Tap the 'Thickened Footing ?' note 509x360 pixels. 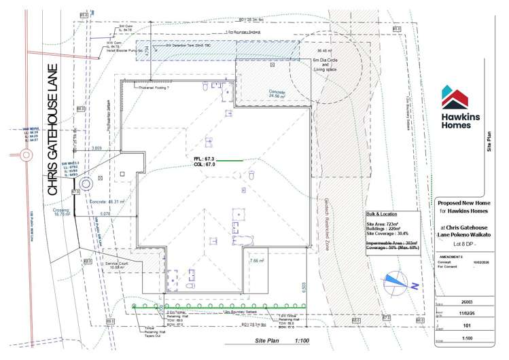(156, 88)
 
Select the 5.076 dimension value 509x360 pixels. (105, 213)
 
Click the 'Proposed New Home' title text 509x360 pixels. (463, 202)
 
